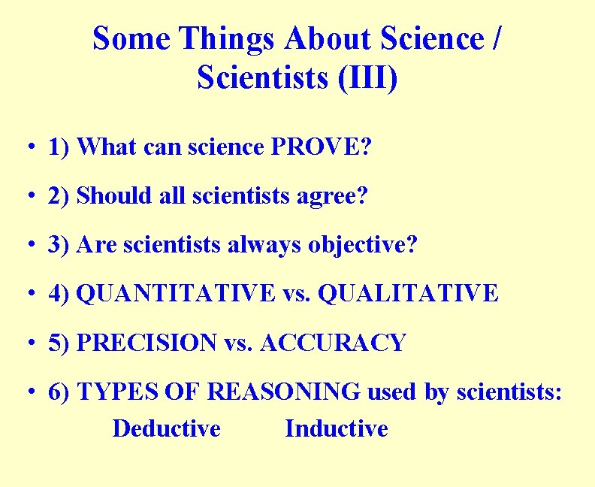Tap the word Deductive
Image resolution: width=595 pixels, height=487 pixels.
(167, 428)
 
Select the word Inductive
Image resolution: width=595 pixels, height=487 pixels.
(337, 428)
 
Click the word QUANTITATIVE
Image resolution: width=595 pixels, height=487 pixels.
(177, 293)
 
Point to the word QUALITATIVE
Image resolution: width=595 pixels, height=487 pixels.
(408, 293)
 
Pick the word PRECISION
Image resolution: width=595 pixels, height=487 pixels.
(147, 343)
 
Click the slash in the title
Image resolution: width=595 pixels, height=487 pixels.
(496, 38)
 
